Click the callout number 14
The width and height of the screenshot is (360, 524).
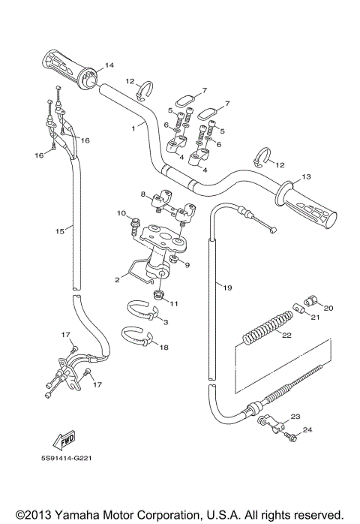coord(109,65)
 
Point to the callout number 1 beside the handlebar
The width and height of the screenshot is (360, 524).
coord(133,128)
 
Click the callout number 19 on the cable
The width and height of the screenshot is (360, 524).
coord(228,287)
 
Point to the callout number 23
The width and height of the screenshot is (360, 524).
coord(294,415)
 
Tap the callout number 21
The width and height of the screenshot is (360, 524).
coord(295,317)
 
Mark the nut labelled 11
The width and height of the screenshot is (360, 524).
coord(160,291)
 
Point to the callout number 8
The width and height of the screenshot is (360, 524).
coord(142,194)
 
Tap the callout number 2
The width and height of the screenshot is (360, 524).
coord(118,279)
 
